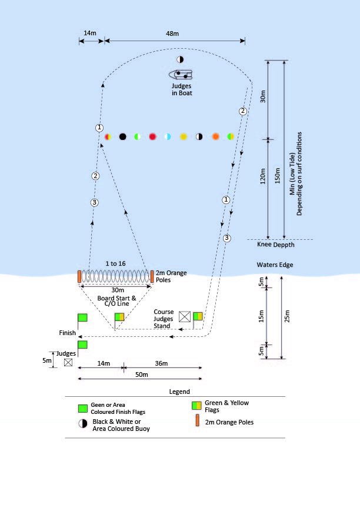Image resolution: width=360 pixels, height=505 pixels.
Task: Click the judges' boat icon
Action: [x=181, y=75]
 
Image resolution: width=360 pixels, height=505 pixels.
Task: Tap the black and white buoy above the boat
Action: [x=180, y=59]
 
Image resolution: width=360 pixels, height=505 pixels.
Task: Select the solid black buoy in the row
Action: [x=122, y=136]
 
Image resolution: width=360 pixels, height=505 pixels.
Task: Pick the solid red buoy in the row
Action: [x=152, y=136]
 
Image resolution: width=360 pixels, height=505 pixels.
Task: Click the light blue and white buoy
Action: [x=168, y=136]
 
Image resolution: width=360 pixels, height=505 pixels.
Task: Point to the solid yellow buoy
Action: [x=184, y=136]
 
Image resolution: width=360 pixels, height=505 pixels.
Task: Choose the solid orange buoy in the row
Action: [x=215, y=136]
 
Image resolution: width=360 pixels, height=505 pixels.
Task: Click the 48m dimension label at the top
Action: [x=172, y=34]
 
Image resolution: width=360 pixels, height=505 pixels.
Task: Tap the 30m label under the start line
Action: [x=118, y=290]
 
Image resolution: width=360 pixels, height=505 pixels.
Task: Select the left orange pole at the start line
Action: [x=79, y=276]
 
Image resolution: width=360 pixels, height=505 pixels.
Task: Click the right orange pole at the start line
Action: [x=152, y=276]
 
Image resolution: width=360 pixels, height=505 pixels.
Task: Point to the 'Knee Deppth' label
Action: [x=276, y=245]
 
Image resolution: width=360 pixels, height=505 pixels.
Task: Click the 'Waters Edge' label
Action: [x=275, y=265]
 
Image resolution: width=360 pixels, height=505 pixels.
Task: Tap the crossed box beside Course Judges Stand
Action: [x=185, y=316]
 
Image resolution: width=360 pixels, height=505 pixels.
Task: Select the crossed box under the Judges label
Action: [x=68, y=363]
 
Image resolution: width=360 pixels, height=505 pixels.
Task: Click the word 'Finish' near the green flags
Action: [x=67, y=333]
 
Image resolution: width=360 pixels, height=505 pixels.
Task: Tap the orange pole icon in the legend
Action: [x=198, y=421]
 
